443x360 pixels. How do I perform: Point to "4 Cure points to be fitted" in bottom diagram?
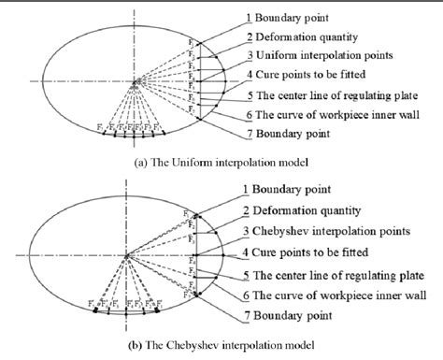(322, 252)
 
